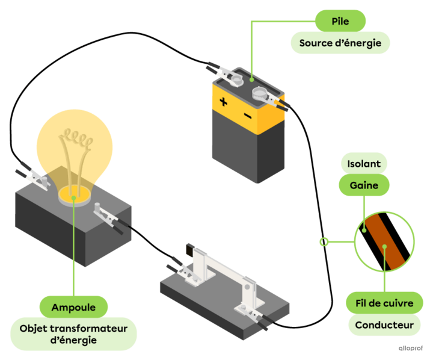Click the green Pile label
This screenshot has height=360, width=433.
340,22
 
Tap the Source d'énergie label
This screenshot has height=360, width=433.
340,43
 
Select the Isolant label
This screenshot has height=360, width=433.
364,164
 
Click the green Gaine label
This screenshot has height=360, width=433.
364,185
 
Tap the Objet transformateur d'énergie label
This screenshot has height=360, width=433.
73,334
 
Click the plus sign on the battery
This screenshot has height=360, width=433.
224,102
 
